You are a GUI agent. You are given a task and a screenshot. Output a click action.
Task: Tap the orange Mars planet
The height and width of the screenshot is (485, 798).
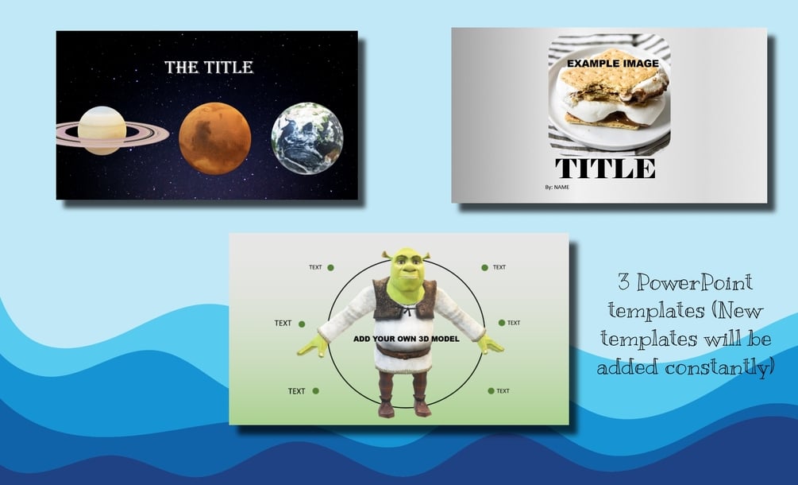click(214, 138)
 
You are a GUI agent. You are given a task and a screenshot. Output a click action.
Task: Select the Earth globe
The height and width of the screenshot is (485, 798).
click(307, 138)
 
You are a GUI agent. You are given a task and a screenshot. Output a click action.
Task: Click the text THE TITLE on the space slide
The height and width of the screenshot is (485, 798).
click(209, 68)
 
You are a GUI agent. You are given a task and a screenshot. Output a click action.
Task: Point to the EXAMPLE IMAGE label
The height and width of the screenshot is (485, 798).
click(613, 64)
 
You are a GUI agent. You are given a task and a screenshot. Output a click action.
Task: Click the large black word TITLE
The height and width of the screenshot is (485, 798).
click(605, 168)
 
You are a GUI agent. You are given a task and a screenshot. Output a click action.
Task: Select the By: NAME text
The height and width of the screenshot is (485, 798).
click(557, 187)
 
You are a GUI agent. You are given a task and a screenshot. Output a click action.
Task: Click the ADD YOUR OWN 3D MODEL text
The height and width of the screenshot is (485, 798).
click(406, 339)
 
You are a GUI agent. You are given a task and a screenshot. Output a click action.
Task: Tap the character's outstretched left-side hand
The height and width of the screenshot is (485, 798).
click(313, 345)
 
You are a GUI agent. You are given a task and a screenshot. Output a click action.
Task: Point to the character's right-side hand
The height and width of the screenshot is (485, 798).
click(490, 344)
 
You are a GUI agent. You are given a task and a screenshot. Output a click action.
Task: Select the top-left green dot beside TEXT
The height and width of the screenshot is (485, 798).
click(331, 267)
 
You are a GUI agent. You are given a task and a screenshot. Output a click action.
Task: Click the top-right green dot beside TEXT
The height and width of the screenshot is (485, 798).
click(485, 267)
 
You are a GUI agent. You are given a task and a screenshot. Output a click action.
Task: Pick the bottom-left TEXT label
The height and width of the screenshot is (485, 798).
click(297, 391)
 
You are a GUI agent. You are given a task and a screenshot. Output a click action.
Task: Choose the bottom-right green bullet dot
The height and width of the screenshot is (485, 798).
click(492, 390)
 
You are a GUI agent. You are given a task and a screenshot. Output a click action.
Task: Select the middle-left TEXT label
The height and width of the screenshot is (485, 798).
click(283, 323)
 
